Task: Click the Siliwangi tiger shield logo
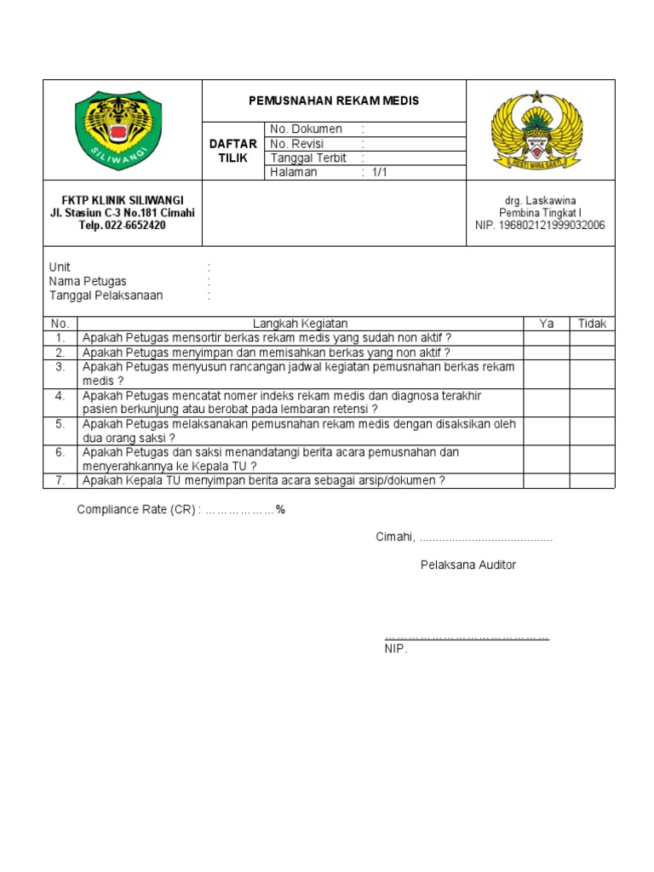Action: coord(118,129)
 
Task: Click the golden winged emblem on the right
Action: coord(536,130)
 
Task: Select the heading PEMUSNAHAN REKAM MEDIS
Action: coord(334,101)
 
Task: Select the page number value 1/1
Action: coord(379,173)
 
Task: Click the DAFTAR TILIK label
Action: coord(232,152)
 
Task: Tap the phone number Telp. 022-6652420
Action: coord(123,226)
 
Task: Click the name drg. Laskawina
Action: coord(540,200)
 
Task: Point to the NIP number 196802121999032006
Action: coord(540,226)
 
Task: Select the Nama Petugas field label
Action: coord(88,282)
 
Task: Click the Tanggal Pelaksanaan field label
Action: coord(106,295)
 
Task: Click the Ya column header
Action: coord(547,324)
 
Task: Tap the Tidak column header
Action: coord(593,324)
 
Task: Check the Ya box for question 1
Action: coord(547,337)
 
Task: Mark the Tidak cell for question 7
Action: coord(593,480)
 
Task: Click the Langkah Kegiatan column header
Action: coord(300,324)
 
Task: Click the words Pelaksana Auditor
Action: coord(468,565)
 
